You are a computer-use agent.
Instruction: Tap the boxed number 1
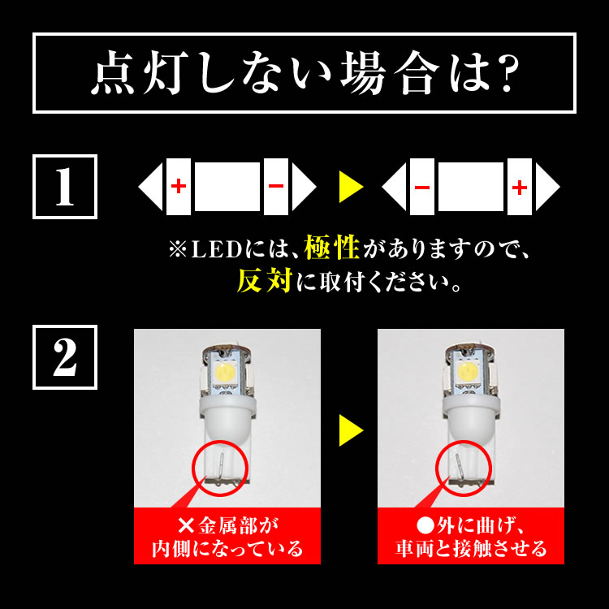(64, 187)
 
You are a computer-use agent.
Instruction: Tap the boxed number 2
(64, 357)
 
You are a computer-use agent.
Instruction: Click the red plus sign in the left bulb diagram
(179, 187)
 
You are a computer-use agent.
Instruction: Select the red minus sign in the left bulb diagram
(276, 187)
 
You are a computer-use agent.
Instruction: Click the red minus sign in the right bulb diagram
(422, 187)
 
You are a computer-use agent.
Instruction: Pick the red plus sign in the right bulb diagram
(520, 187)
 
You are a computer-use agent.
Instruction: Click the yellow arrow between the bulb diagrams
(350, 187)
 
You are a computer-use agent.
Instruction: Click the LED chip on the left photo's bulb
(224, 371)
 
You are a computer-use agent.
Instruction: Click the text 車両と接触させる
(471, 548)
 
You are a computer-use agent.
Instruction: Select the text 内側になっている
(227, 548)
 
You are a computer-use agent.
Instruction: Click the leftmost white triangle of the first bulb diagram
(151, 187)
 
